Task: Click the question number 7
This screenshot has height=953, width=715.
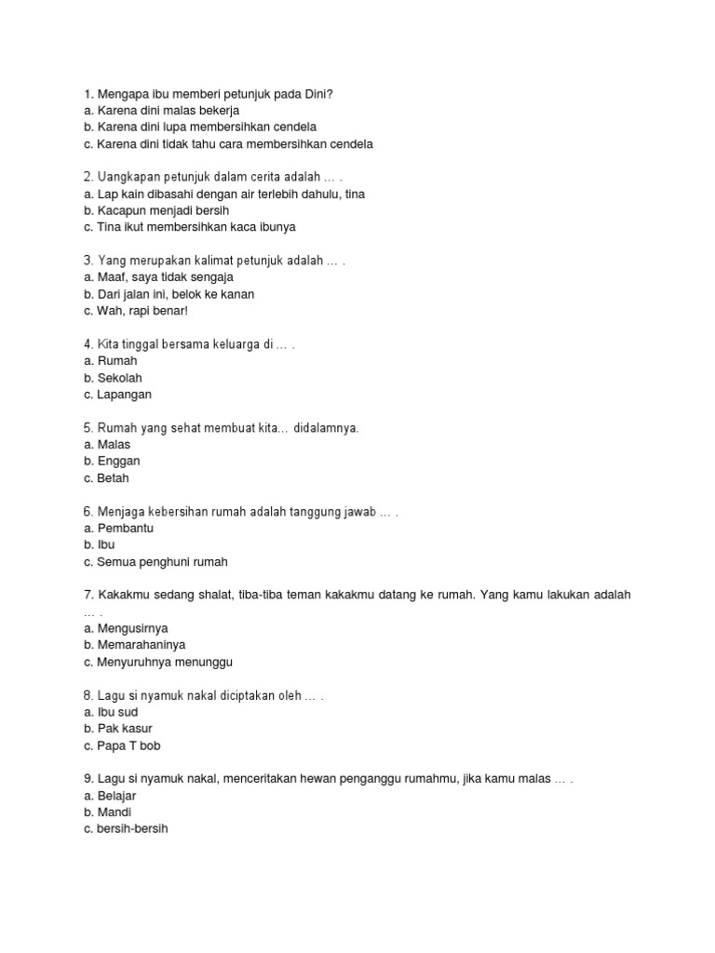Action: click(x=88, y=595)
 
